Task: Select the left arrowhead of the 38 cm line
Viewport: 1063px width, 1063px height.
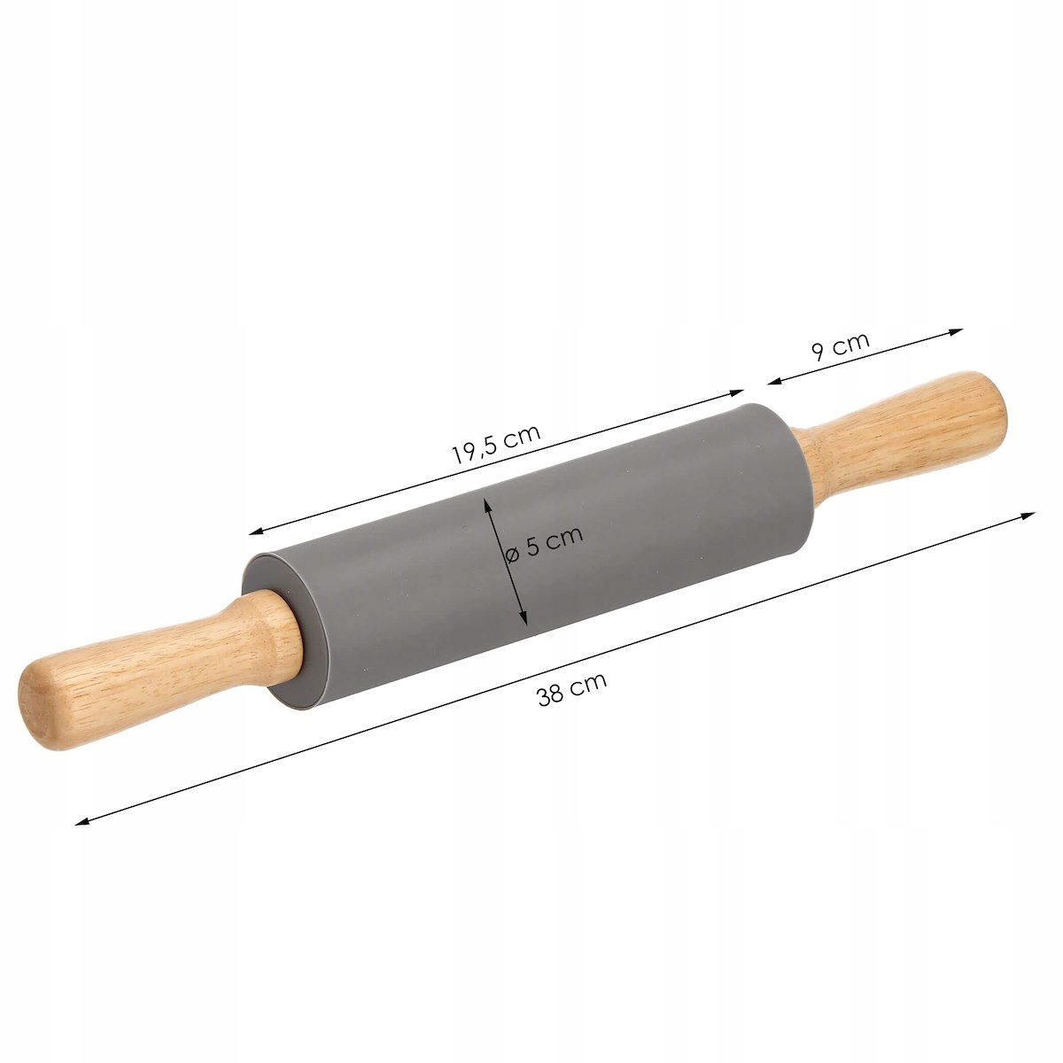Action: point(81,822)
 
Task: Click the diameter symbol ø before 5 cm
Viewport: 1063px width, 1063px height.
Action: point(512,554)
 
